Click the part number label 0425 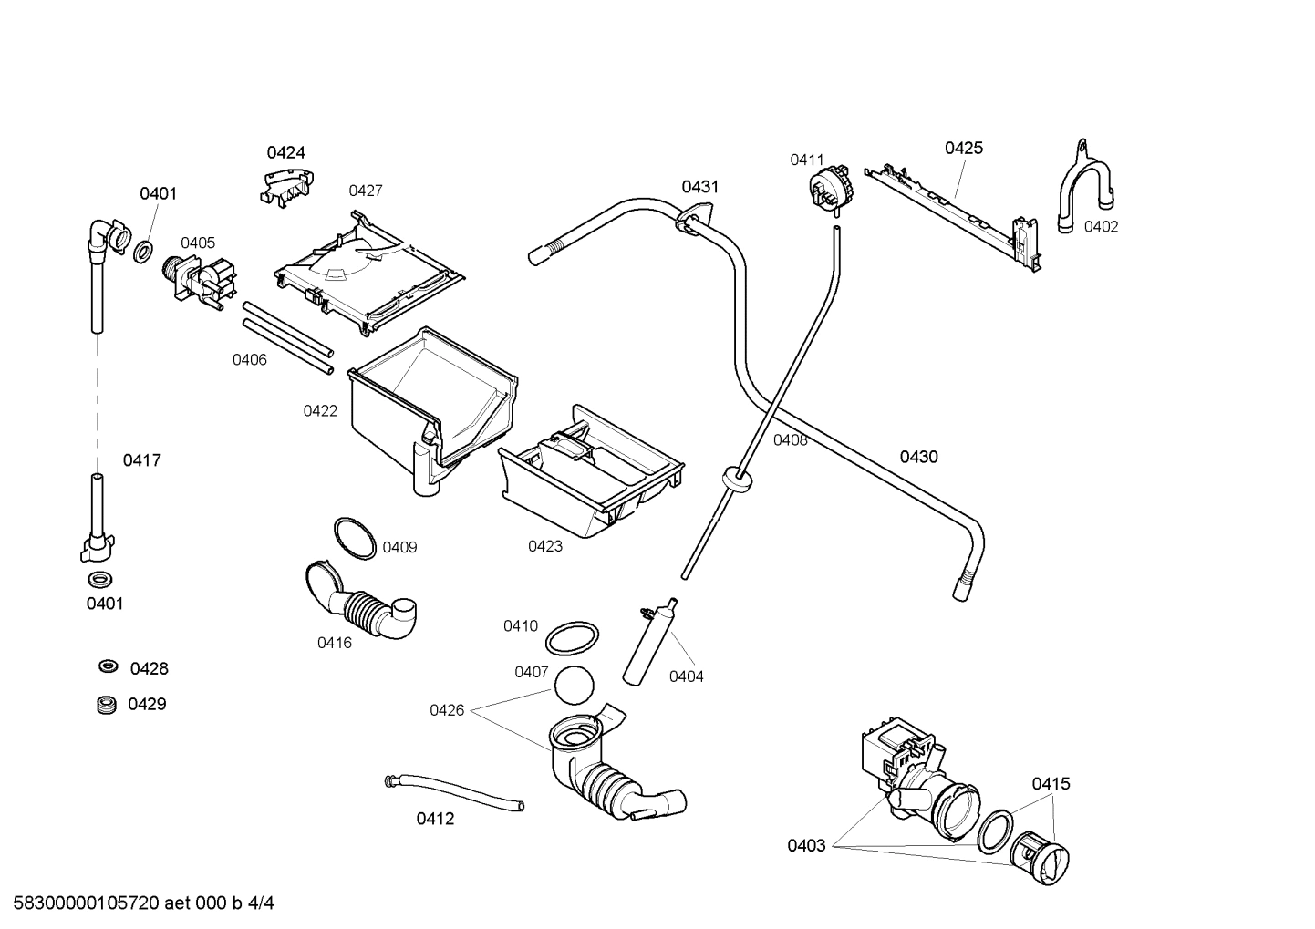coord(963,148)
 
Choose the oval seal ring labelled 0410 coord(573,638)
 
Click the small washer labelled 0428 coord(108,666)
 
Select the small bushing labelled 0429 coord(107,704)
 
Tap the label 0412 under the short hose coord(435,819)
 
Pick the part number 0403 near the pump coord(806,845)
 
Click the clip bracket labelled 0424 coord(284,185)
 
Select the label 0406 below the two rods coord(249,359)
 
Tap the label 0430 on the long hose coord(918,457)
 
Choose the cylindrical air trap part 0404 coord(650,642)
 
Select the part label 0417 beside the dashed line coord(142,460)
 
